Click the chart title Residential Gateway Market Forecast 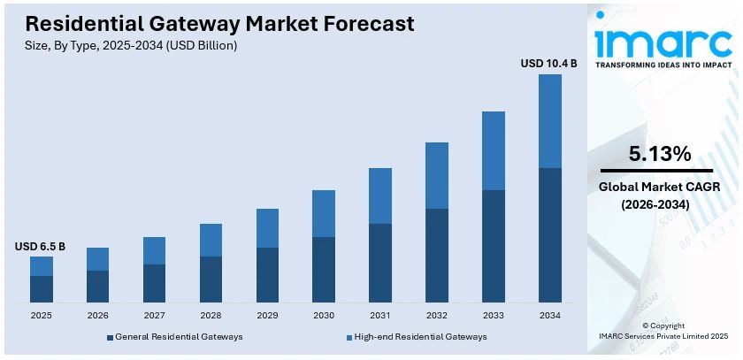click(213, 24)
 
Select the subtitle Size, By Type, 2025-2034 click(131, 45)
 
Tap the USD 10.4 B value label click(548, 63)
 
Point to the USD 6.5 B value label click(40, 246)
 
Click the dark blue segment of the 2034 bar click(550, 234)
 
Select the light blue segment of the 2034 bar click(550, 121)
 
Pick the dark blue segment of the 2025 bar click(42, 289)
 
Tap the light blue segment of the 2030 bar click(324, 213)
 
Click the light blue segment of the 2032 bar click(437, 175)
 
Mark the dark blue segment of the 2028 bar click(211, 280)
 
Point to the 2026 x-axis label click(97, 315)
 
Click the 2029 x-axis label click(267, 315)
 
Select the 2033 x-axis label click(494, 315)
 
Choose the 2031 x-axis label click(380, 315)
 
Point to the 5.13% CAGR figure click(659, 154)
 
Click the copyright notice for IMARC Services click(663, 331)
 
